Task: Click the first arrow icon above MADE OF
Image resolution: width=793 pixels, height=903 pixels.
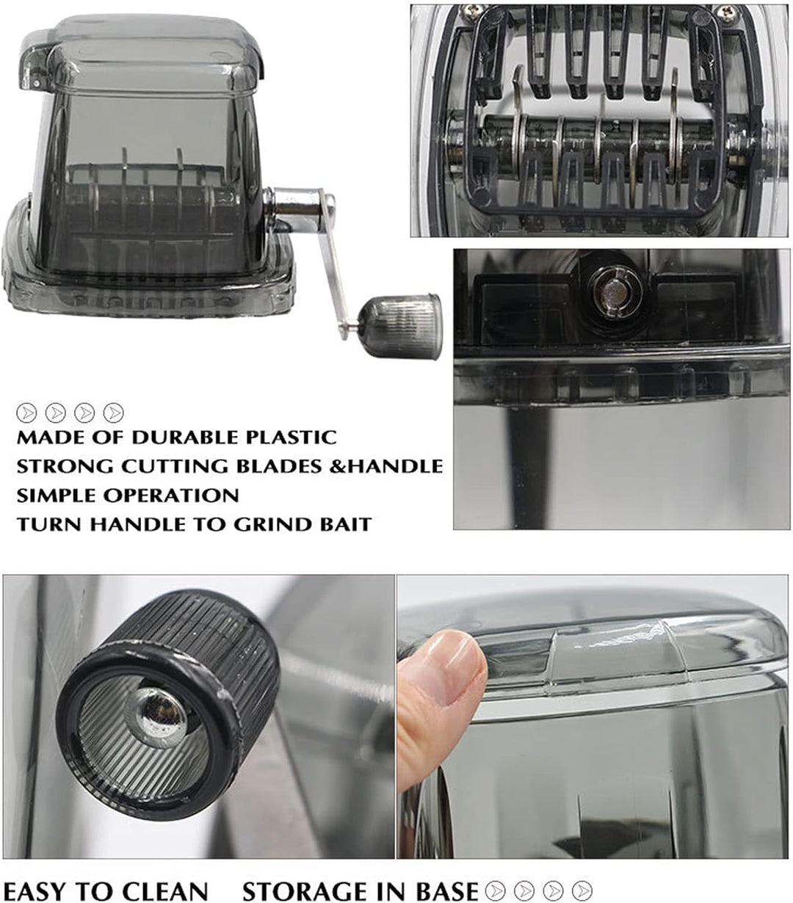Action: (x=26, y=413)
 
